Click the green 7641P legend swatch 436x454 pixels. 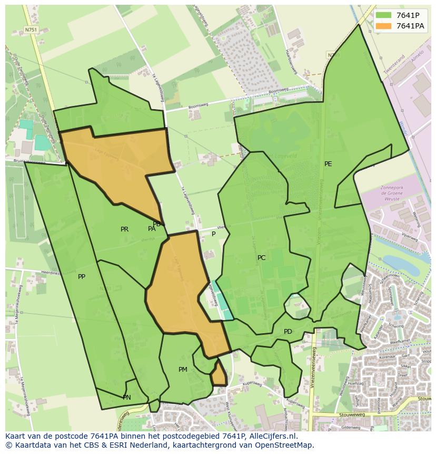[384, 15]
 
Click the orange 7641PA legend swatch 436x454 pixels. [384, 26]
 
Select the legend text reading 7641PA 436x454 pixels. [411, 26]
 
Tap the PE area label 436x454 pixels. [328, 164]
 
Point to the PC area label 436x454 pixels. [262, 258]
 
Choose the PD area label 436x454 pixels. [288, 332]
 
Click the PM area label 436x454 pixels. [183, 370]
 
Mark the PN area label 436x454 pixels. [127, 398]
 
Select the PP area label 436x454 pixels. [82, 277]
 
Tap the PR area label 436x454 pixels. [124, 229]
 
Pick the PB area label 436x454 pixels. [156, 224]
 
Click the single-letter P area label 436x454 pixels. [213, 234]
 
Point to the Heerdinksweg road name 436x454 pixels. [53, 272]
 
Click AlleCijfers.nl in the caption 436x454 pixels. [273, 436]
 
